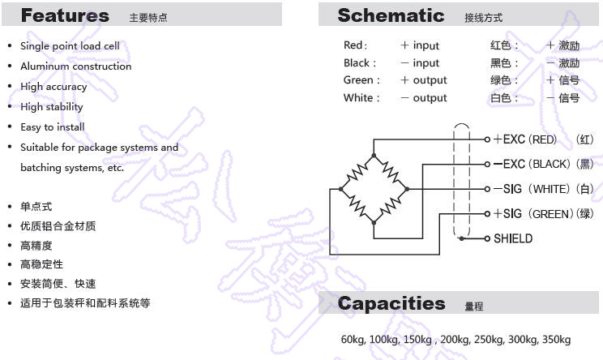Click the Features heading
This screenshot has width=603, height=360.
65,15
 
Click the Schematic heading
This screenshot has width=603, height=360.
391,15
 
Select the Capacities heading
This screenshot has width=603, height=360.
391,303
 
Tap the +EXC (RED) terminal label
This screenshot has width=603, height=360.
525,139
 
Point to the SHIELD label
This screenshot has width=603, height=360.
513,238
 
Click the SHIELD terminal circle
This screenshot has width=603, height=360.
487,238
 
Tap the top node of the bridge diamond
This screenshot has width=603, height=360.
374,156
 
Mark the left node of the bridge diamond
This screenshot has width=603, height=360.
340,189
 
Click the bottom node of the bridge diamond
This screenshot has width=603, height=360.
374,222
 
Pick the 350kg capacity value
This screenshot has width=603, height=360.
556,340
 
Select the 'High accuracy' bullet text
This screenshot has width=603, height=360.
53,87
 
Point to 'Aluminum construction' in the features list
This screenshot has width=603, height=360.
75,66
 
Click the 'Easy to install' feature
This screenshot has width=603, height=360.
53,127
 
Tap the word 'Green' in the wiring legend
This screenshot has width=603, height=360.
358,80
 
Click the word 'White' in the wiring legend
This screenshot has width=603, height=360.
358,97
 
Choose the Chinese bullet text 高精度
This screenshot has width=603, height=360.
36,246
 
